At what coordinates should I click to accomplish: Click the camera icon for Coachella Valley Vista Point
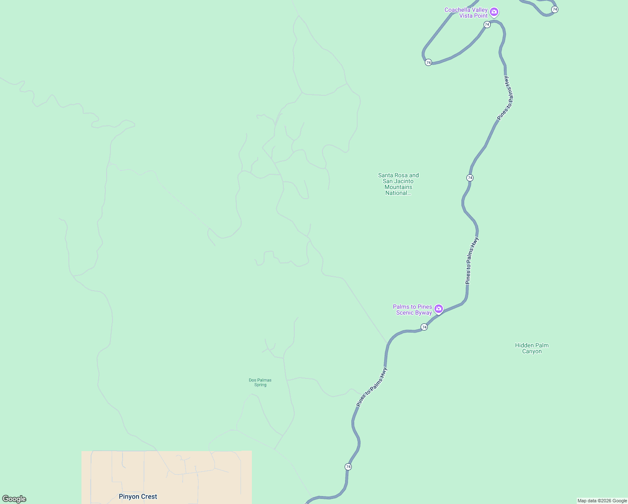pyautogui.click(x=495, y=12)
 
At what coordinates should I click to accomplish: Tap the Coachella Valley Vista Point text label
pyautogui.click(x=466, y=13)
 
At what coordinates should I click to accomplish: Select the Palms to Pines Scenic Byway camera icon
pyautogui.click(x=439, y=309)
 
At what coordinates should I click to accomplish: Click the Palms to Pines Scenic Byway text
pyautogui.click(x=413, y=310)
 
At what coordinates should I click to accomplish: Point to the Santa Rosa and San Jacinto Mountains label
pyautogui.click(x=398, y=184)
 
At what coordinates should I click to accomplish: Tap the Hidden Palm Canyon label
pyautogui.click(x=532, y=348)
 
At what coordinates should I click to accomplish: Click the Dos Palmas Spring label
pyautogui.click(x=260, y=382)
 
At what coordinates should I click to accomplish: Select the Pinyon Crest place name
pyautogui.click(x=138, y=496)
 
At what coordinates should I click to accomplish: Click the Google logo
pyautogui.click(x=14, y=499)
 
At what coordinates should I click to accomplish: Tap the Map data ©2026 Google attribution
pyautogui.click(x=602, y=501)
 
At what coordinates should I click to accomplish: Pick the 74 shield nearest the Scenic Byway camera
pyautogui.click(x=424, y=327)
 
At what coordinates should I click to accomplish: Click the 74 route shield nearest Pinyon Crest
pyautogui.click(x=348, y=467)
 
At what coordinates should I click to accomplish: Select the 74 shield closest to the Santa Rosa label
pyautogui.click(x=470, y=178)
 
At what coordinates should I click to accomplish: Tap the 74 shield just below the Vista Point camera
pyautogui.click(x=487, y=24)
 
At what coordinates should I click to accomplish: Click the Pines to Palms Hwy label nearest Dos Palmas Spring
pyautogui.click(x=372, y=387)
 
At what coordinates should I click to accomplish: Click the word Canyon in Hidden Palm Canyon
pyautogui.click(x=532, y=352)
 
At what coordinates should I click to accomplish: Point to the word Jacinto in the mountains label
pyautogui.click(x=403, y=181)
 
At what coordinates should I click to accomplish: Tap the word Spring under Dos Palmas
pyautogui.click(x=260, y=385)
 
